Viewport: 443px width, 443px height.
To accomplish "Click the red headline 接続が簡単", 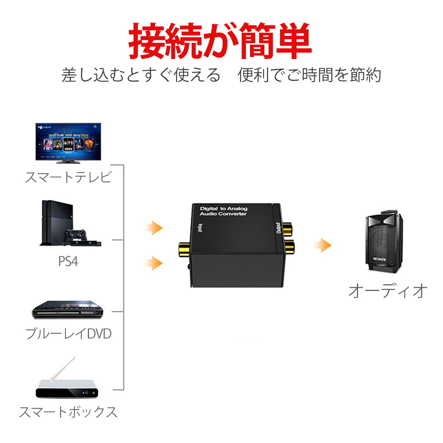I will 220,41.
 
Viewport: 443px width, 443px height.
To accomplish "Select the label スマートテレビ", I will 68,177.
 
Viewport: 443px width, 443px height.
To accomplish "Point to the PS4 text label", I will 68,261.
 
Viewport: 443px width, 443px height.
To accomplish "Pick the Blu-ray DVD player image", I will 68,310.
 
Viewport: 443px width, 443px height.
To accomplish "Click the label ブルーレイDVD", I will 68,333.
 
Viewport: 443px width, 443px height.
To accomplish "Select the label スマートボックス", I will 68,412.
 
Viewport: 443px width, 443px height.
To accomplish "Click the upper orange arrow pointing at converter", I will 154,228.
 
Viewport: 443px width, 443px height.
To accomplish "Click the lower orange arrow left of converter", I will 154,263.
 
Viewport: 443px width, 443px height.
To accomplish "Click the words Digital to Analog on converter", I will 223,209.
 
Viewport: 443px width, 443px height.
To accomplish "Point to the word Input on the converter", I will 200,228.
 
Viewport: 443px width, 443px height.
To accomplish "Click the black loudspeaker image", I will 384,242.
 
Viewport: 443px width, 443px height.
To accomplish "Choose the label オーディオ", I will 388,291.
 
